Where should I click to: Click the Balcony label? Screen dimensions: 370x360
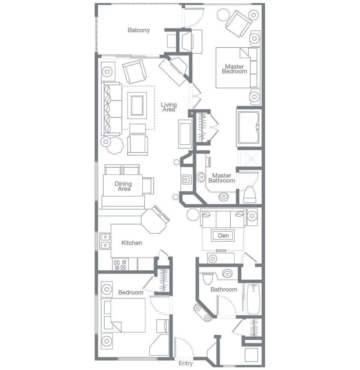tap(138, 30)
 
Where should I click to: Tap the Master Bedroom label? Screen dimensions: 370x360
tap(234, 69)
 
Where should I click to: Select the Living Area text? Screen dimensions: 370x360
tap(169, 107)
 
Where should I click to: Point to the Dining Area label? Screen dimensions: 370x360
tap(123, 186)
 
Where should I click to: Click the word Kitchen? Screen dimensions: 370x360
tap(132, 243)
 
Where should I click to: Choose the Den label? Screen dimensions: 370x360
tap(223, 235)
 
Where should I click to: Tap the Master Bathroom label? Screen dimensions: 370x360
tap(222, 178)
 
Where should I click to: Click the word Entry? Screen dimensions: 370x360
tap(186, 363)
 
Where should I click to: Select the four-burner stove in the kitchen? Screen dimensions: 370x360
tap(121, 264)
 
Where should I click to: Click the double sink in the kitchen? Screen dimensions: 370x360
tap(105, 241)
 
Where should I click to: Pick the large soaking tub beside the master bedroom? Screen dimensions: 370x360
tap(248, 127)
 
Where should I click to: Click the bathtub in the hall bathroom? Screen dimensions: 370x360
tap(253, 299)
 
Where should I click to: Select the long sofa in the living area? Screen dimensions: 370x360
tap(111, 109)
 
